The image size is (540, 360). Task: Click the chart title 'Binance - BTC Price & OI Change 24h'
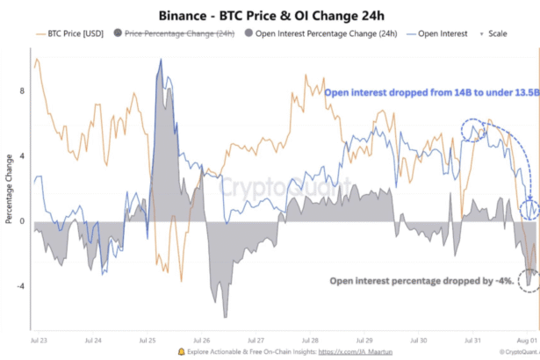click(x=270, y=15)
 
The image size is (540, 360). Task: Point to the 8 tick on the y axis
click(x=21, y=90)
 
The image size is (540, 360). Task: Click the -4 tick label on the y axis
click(x=20, y=286)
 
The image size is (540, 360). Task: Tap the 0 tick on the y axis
click(x=22, y=221)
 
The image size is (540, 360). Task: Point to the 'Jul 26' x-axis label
click(x=202, y=338)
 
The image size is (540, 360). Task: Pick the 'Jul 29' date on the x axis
click(x=362, y=338)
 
